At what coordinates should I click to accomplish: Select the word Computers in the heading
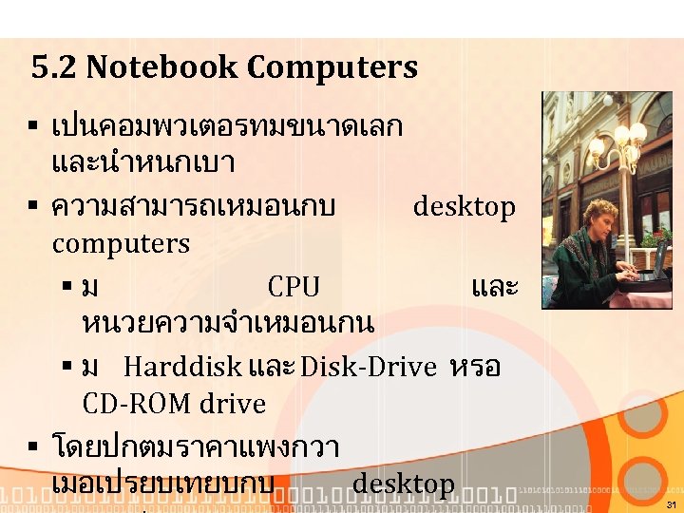point(332,68)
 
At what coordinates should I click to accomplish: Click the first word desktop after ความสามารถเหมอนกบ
point(465,207)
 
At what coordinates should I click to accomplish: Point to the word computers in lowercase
point(121,244)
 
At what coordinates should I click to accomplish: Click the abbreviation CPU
point(294,287)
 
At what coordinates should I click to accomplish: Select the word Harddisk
point(182,367)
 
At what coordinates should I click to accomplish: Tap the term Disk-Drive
point(369,367)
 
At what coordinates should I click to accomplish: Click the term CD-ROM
point(139,405)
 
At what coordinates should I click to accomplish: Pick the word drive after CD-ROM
point(234,405)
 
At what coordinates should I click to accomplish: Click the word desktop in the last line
point(404,484)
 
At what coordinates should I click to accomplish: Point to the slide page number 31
point(672,504)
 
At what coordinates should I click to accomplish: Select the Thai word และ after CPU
point(493,287)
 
